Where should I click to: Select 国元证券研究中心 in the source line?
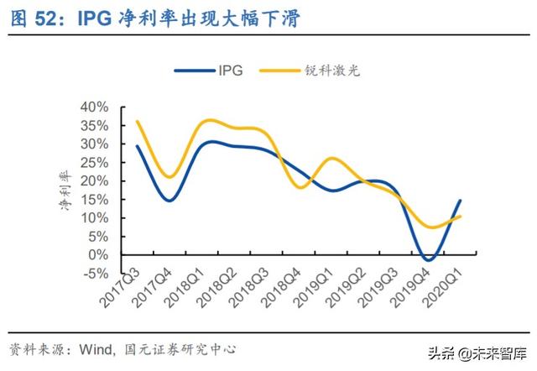(181, 347)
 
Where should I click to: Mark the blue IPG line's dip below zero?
(430, 260)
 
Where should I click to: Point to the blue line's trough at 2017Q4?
(169, 200)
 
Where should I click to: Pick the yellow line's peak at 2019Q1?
(334, 158)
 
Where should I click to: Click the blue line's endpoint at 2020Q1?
(460, 201)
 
